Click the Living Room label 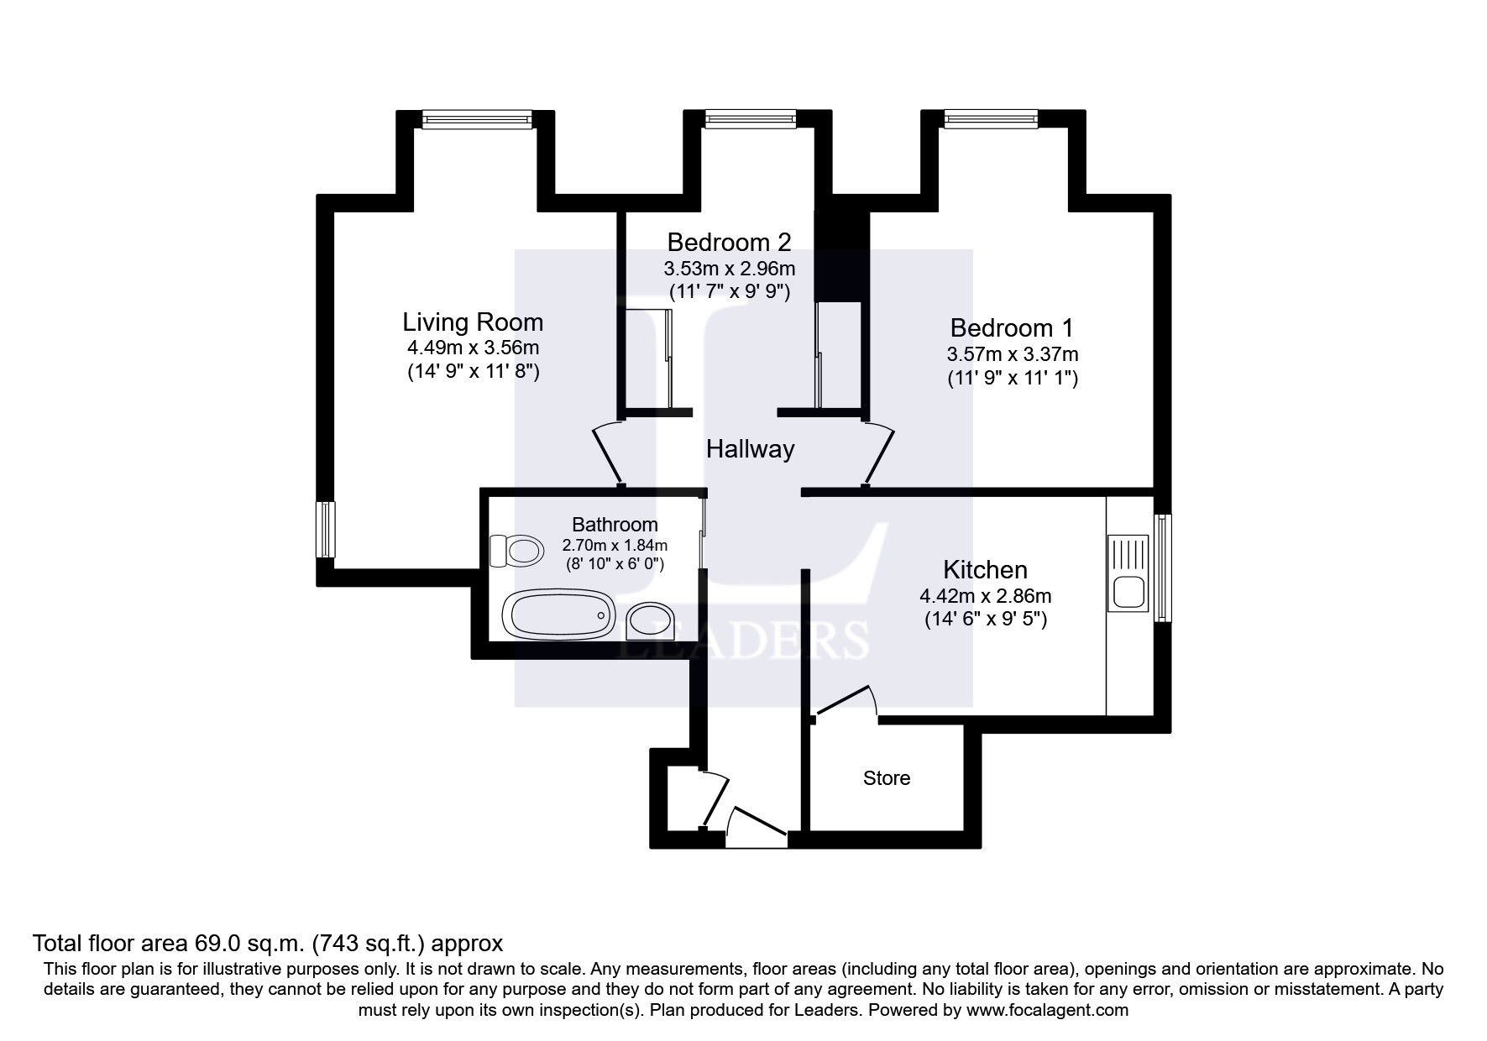[x=473, y=322]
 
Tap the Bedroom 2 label [x=729, y=243]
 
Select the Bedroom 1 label [x=1012, y=327]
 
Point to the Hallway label [x=750, y=449]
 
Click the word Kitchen [x=985, y=570]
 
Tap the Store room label [x=887, y=778]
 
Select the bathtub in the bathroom [x=557, y=615]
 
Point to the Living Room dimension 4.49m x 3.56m [x=473, y=348]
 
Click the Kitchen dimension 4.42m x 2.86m [x=986, y=596]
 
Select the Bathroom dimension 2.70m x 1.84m [x=615, y=545]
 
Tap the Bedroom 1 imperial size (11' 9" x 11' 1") [x=1013, y=378]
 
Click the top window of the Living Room [x=477, y=121]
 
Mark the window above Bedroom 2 [x=750, y=120]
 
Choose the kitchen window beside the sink [x=1162, y=568]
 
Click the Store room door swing [x=846, y=700]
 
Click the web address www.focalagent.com [x=1046, y=1010]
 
